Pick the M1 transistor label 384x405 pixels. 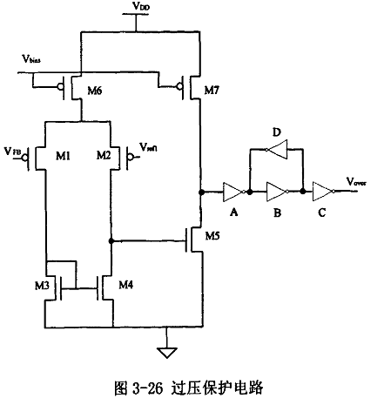pos(63,155)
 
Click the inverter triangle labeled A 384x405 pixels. pos(232,190)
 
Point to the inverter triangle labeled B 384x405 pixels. pos(277,190)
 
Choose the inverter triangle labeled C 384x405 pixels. pos(323,190)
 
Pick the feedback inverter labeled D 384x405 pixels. pos(277,150)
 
